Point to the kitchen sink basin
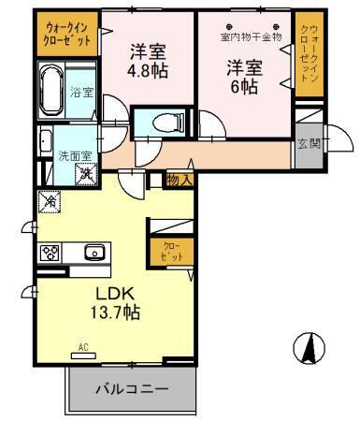pyautogui.click(x=94, y=253)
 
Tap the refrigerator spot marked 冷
pyautogui.click(x=48, y=199)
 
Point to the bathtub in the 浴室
pyautogui.click(x=51, y=91)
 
